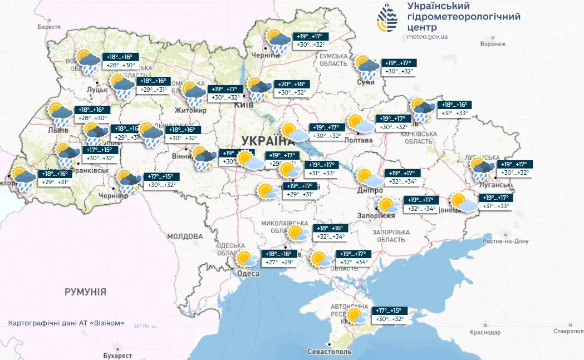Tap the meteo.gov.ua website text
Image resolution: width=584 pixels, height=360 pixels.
pos(428,37)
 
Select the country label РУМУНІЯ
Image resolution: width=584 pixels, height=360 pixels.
pos(85,292)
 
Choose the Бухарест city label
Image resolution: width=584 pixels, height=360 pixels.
pos(117,356)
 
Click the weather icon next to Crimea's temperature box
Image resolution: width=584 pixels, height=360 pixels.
pos(356,316)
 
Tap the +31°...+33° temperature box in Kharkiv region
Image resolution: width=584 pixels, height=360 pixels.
pos(454,113)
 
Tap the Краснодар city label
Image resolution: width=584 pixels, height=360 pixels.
pos(482,332)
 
